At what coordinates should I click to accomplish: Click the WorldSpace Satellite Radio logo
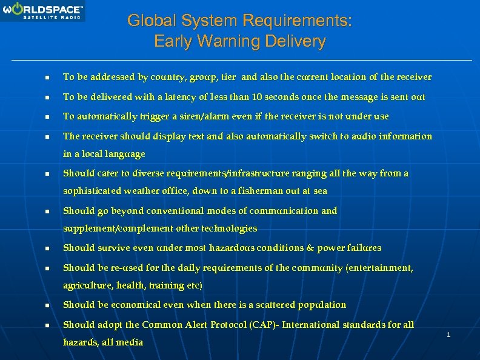pyautogui.click(x=42, y=11)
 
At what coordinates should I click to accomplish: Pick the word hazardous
pyautogui.click(x=232, y=248)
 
